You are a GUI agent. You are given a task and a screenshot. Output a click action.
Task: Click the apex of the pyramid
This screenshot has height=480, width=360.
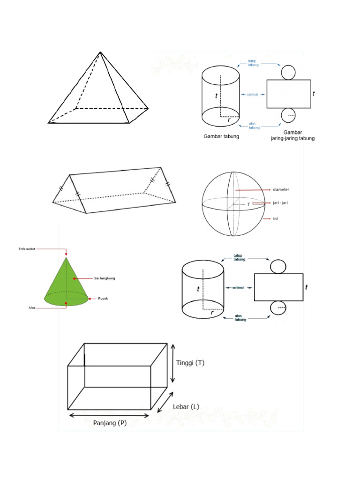coord(100,52)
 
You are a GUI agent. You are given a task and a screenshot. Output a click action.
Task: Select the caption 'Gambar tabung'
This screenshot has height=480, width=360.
coord(221,136)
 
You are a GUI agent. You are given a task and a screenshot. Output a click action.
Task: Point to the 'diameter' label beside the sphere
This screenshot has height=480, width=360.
coord(281,190)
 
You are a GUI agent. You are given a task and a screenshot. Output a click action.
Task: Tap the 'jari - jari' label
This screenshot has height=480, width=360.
coord(281,204)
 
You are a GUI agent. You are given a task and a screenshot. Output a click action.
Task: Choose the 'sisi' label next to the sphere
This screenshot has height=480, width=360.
coord(276,218)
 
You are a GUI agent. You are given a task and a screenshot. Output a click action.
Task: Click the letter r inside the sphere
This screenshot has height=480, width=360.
coord(248,204)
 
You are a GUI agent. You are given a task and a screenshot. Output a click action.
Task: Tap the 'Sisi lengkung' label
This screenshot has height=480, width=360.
coord(104,278)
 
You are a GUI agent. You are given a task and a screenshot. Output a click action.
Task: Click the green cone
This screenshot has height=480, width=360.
coord(66,286)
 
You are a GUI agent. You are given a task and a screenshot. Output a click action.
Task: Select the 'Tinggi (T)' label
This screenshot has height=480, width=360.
coord(190,363)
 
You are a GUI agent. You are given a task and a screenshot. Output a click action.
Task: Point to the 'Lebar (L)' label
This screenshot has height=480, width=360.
coord(186,407)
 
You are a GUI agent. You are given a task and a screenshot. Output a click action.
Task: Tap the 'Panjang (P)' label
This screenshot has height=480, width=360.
coord(110,423)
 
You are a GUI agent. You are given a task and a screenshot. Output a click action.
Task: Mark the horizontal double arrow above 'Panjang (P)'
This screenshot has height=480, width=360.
coord(109,415)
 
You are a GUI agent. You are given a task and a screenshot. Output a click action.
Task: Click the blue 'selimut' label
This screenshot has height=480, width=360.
coord(254,94)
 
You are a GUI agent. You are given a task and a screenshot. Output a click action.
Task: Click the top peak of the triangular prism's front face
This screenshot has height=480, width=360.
coord(70,175)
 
